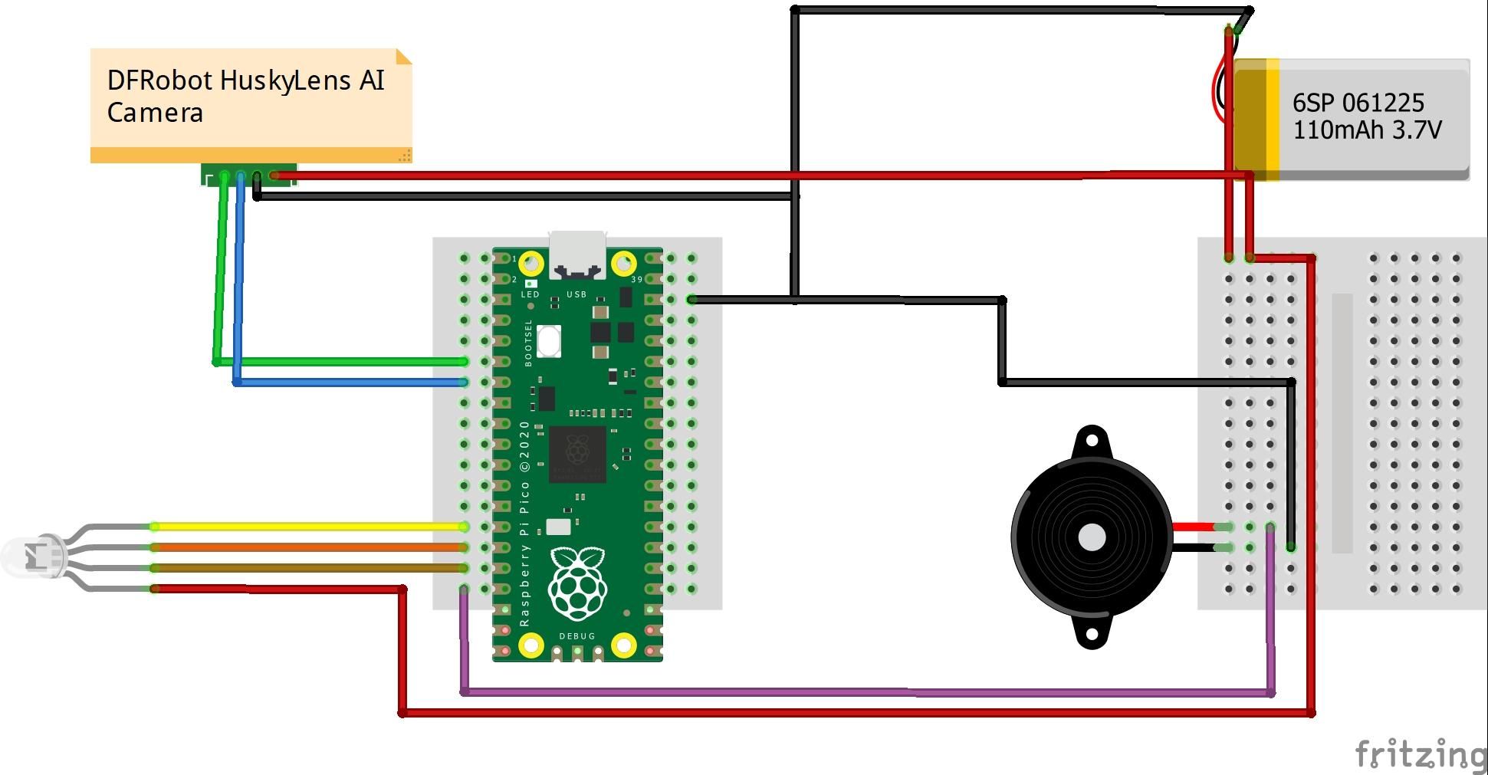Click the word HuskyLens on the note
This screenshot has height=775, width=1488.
[x=284, y=80]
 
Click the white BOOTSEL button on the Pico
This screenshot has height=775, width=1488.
[x=549, y=341]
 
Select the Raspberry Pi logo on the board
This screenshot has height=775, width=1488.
[x=578, y=583]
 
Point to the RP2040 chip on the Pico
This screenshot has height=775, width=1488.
[x=577, y=454]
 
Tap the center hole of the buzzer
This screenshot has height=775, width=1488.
[x=1092, y=537]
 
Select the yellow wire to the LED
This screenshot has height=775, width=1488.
[x=307, y=527]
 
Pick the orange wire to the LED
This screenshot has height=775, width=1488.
[x=307, y=547]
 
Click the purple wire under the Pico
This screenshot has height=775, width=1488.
[x=843, y=692]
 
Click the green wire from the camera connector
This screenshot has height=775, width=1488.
[x=345, y=361]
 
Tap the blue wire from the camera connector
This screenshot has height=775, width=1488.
[x=345, y=382]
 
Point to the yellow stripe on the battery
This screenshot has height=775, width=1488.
[x=1273, y=119]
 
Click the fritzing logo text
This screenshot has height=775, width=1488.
[x=1420, y=754]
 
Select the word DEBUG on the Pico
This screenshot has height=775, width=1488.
[x=577, y=636]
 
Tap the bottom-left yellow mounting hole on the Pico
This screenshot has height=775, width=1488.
[x=531, y=645]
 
